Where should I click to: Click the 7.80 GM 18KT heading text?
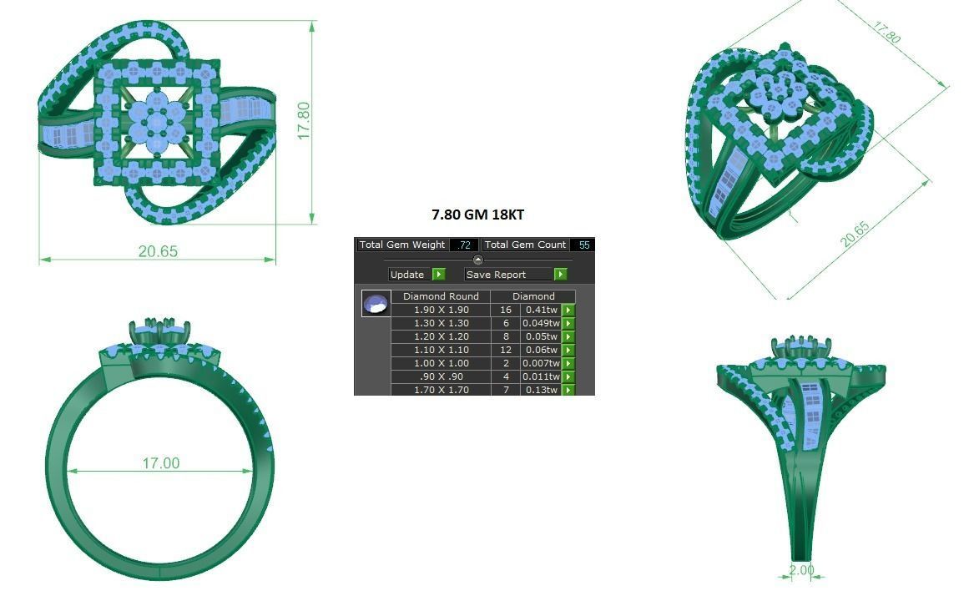tap(477, 215)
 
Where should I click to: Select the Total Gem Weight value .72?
tap(464, 245)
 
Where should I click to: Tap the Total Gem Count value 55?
tap(583, 245)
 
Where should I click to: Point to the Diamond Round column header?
tap(441, 296)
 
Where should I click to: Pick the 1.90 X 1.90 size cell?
tap(441, 310)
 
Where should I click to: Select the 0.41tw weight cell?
tap(541, 310)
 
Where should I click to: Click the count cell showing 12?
tap(505, 350)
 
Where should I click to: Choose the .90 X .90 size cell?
tap(441, 376)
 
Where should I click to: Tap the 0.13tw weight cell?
tap(541, 390)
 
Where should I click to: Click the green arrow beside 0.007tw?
tap(568, 363)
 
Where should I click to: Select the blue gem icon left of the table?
tap(376, 304)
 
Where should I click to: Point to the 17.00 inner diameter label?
tap(159, 463)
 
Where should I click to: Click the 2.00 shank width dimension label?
tap(801, 570)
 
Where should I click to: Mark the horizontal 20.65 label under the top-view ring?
tap(158, 251)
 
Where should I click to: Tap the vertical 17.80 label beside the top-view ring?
tap(304, 121)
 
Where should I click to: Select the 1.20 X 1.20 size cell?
tap(441, 336)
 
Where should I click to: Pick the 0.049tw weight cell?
tap(541, 323)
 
